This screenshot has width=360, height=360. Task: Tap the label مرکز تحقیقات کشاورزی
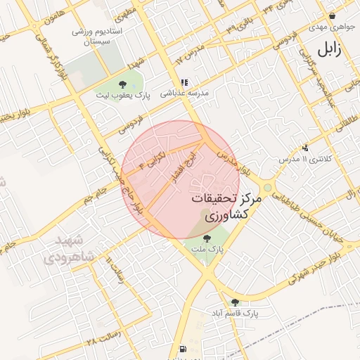(x=225, y=208)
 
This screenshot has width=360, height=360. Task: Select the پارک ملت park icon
(x=205, y=238)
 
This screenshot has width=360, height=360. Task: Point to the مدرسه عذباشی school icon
(x=184, y=82)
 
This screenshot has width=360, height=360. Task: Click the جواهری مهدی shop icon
(x=332, y=16)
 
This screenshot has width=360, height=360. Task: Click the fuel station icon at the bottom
(x=184, y=348)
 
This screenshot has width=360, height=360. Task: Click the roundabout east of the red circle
(x=267, y=187)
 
